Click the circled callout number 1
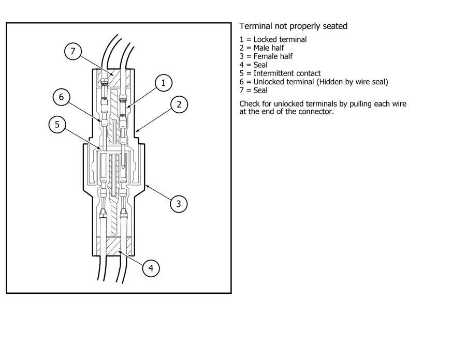point(164,83)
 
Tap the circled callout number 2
point(179,104)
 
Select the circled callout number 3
point(179,203)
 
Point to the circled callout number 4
point(151,268)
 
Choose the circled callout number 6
point(62,96)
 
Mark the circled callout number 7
point(73,51)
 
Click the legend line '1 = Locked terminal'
point(273,39)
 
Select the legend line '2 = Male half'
point(261,48)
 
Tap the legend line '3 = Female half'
point(265,56)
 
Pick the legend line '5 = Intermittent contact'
point(280,73)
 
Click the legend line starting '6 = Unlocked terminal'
point(314,82)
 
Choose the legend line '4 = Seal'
point(253,65)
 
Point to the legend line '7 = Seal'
point(253,90)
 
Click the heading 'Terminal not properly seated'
point(293,26)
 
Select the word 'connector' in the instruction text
point(315,111)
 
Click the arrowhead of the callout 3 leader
point(146,184)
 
